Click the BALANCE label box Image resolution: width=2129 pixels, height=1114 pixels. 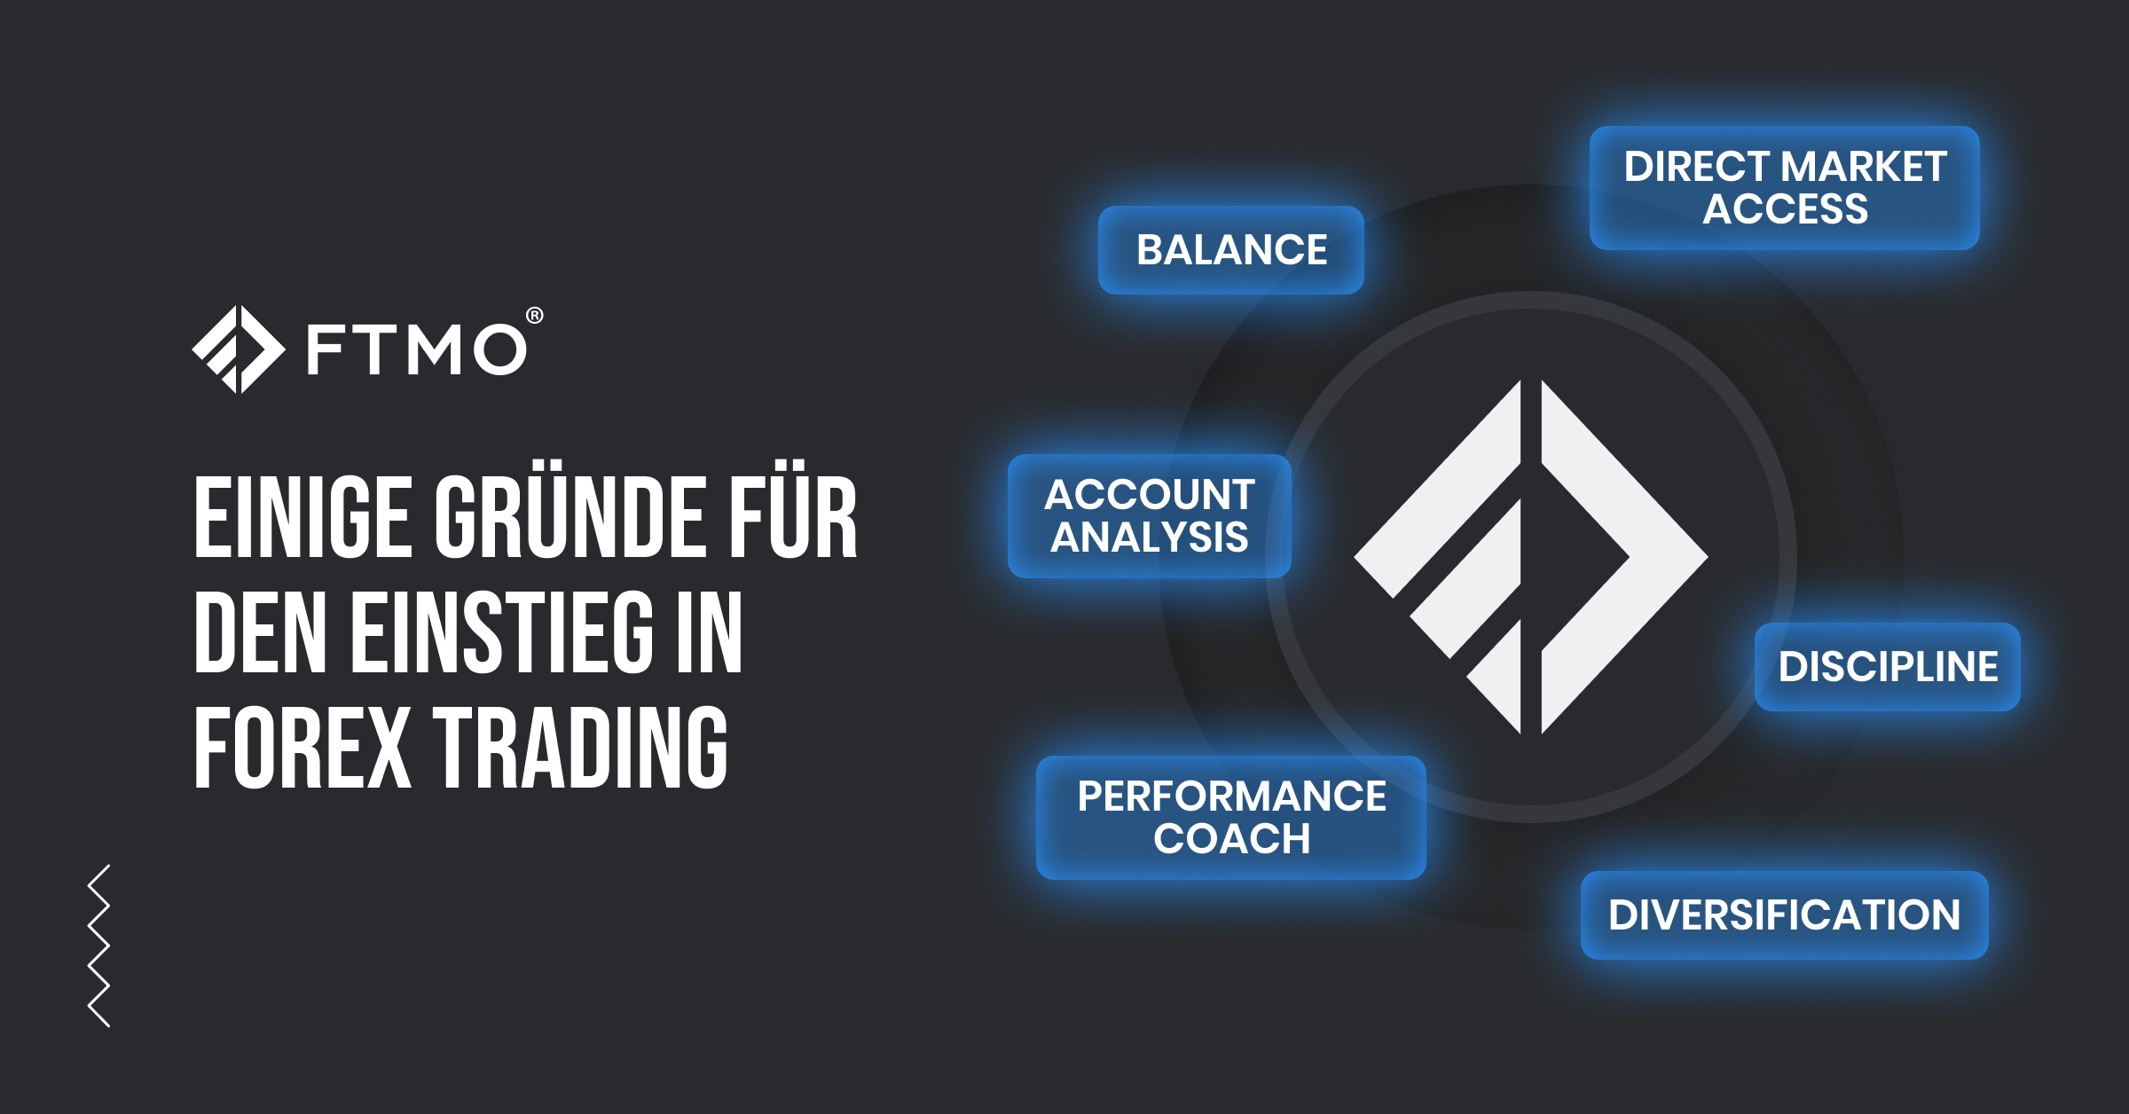click(x=1231, y=250)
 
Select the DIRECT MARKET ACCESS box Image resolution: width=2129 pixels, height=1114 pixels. click(x=1784, y=188)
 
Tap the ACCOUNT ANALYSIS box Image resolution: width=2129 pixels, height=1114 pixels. click(x=1150, y=516)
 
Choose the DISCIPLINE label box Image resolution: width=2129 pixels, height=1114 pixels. click(x=1888, y=667)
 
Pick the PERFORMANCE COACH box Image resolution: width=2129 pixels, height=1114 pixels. click(x=1231, y=818)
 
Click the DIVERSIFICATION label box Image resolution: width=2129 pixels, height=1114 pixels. click(x=1784, y=915)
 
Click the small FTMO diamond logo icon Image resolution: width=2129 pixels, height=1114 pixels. click(x=238, y=349)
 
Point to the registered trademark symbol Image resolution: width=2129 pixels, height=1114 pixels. click(x=535, y=315)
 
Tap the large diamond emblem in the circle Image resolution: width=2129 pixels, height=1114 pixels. click(x=1531, y=557)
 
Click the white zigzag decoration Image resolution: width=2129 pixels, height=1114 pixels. click(x=99, y=945)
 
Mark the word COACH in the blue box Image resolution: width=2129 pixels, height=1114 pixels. click(x=1231, y=839)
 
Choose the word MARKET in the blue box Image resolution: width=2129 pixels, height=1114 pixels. click(x=1863, y=167)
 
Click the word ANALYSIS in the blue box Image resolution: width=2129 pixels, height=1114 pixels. click(x=1150, y=537)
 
